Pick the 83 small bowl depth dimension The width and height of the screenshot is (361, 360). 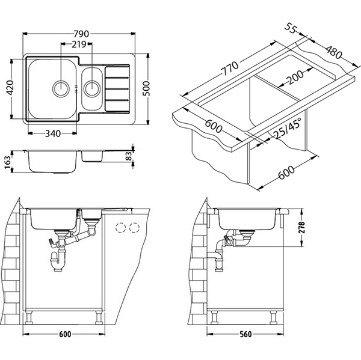coord(129,156)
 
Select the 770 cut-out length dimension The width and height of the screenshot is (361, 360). coord(228,66)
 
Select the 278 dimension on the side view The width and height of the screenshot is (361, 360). coord(309,228)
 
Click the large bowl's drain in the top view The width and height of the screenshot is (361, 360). coord(61,88)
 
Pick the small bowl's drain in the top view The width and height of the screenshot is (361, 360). coord(92,89)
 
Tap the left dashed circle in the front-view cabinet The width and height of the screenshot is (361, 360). coord(122,227)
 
